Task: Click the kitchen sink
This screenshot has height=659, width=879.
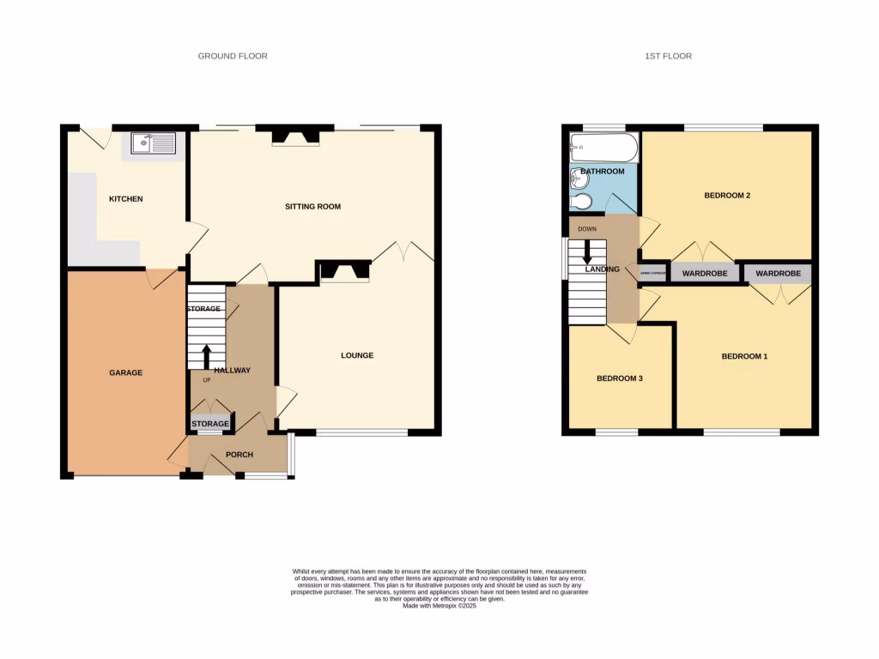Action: [x=154, y=142]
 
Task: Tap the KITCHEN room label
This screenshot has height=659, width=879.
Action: [x=125, y=199]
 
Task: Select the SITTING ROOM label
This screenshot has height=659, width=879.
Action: [x=313, y=207]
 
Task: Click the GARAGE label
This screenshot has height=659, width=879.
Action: [x=125, y=372]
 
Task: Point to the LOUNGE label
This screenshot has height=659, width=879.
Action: [x=357, y=355]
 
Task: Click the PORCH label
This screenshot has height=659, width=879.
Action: [x=239, y=454]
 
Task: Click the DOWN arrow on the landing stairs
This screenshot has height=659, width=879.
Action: [x=588, y=251]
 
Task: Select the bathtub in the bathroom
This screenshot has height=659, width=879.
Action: [x=604, y=148]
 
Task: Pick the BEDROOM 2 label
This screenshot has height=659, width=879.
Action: [x=727, y=196]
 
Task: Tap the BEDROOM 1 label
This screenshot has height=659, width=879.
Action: [x=743, y=355]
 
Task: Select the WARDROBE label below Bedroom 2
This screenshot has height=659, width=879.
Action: [x=704, y=274]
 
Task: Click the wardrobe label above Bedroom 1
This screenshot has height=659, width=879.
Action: [x=778, y=274]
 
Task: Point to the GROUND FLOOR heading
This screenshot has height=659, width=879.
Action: [x=233, y=56]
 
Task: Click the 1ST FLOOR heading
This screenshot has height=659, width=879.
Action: [x=668, y=56]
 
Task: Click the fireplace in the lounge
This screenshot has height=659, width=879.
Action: [x=344, y=272]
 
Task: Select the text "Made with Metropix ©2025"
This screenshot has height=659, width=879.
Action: [x=439, y=606]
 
